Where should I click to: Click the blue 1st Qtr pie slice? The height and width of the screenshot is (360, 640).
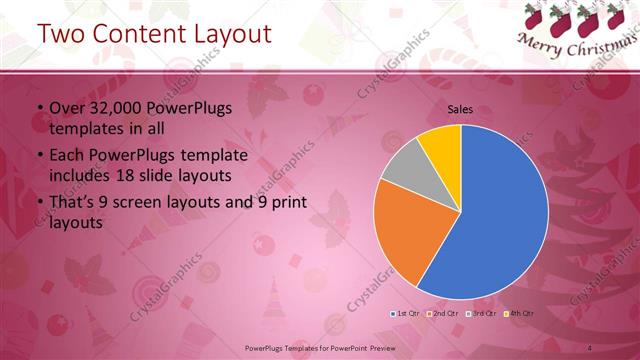pos(500,220)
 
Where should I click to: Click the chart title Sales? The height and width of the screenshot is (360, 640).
pos(460,110)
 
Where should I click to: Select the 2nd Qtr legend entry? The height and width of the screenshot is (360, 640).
pos(446,314)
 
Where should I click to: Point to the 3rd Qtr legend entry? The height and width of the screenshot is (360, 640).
pos(486,314)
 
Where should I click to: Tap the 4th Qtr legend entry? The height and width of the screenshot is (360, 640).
pos(524,314)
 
